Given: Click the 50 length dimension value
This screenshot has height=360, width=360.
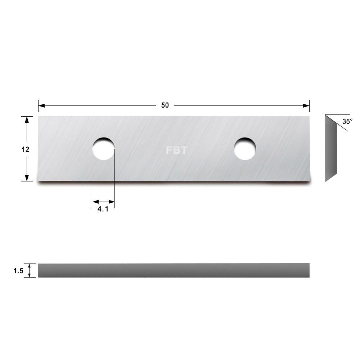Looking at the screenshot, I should (165, 105).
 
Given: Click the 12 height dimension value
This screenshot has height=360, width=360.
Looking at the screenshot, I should (25, 149).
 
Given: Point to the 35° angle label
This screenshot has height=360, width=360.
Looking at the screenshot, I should (347, 122).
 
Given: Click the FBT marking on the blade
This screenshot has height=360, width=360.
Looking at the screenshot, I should (176, 150).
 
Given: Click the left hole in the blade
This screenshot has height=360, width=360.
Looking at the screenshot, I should (103, 149).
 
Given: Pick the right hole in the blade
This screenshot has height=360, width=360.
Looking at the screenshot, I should (245, 149).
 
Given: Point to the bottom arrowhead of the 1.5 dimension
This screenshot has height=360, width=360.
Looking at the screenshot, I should (30, 275).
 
